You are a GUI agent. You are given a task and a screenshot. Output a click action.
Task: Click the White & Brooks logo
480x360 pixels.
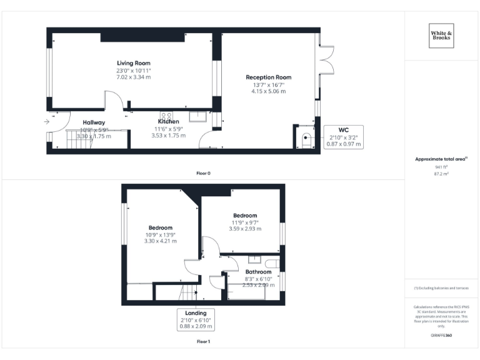(x=441, y=35)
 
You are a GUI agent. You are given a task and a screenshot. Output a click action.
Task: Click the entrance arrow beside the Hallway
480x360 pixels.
(x=47, y=122)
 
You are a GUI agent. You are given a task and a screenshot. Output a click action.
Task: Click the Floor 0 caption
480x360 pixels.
(x=203, y=172)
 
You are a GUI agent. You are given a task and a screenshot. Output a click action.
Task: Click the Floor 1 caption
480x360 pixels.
(x=203, y=342)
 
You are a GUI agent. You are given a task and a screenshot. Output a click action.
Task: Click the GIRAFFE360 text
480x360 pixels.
(x=441, y=336)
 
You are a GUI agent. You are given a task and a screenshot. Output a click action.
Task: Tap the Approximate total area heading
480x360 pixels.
(x=441, y=159)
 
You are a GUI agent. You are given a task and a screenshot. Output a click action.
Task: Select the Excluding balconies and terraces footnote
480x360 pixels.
(x=441, y=288)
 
